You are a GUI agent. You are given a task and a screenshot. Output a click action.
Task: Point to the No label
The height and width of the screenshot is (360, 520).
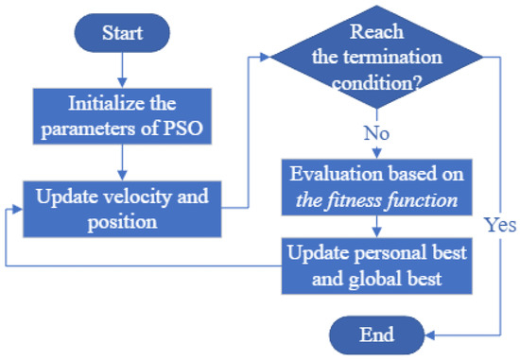click(x=377, y=133)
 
